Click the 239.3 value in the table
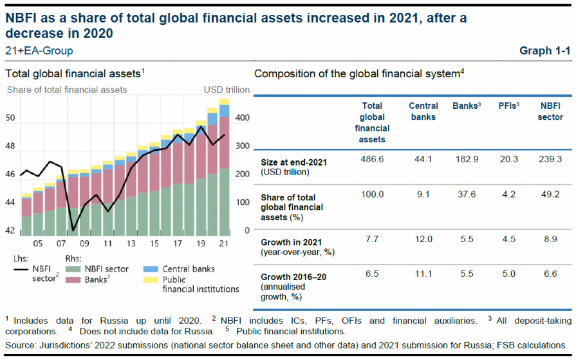pos(550,159)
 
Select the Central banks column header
pos(423,111)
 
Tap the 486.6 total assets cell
pos(373,159)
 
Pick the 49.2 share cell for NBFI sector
pos(550,194)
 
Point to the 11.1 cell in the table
pos(423,274)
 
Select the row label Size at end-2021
pos(294,162)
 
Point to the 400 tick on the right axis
pos(243,118)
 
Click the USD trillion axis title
pos(227,90)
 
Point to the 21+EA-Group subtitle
pos(39,51)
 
